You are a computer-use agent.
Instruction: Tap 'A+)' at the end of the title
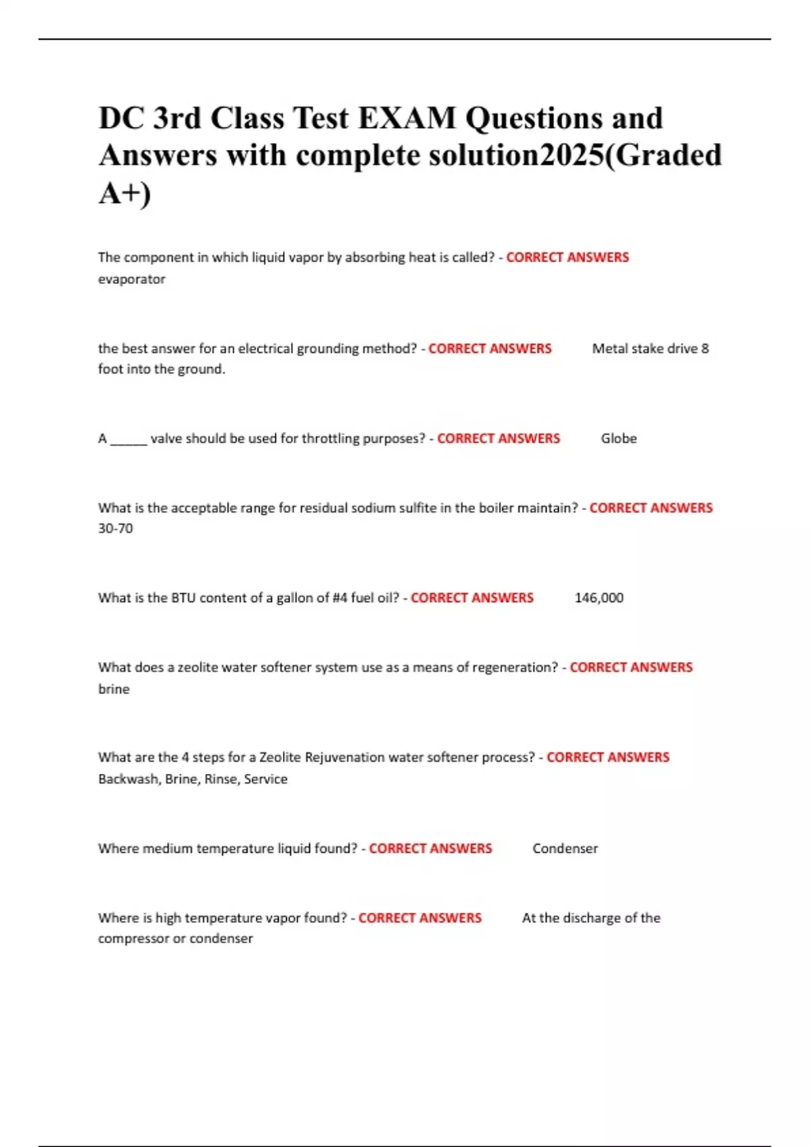click(x=124, y=193)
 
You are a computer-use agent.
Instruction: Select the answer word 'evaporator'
click(x=132, y=279)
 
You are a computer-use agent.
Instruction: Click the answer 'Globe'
click(x=618, y=439)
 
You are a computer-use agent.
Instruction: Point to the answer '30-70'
click(x=115, y=528)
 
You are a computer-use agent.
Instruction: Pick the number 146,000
click(x=599, y=598)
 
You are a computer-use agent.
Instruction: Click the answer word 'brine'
click(x=113, y=689)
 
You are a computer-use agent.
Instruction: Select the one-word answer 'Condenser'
click(x=565, y=849)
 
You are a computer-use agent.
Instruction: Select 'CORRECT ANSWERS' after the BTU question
click(x=472, y=598)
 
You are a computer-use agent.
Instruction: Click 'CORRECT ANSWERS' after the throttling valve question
click(x=498, y=439)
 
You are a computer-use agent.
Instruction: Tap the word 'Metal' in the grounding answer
click(x=611, y=349)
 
